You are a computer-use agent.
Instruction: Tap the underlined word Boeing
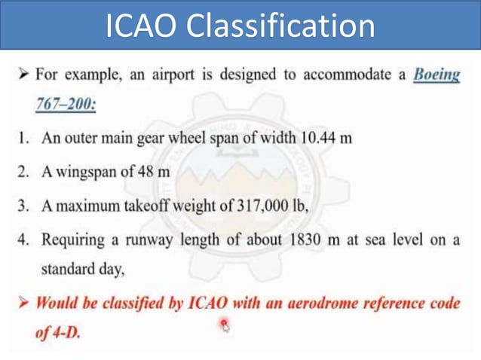[x=437, y=75]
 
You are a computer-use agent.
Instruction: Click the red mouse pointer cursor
[x=224, y=325]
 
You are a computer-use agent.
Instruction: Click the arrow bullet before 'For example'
[x=24, y=75]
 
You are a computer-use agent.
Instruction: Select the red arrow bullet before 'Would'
[x=24, y=304]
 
